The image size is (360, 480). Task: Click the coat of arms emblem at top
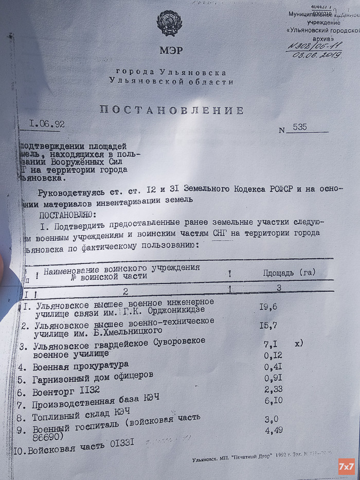point(169,23)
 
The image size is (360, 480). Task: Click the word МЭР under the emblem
point(170,51)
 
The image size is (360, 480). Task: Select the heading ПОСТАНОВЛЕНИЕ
point(171,110)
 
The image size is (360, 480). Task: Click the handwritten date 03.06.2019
point(318,54)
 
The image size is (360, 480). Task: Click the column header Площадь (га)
point(289,272)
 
